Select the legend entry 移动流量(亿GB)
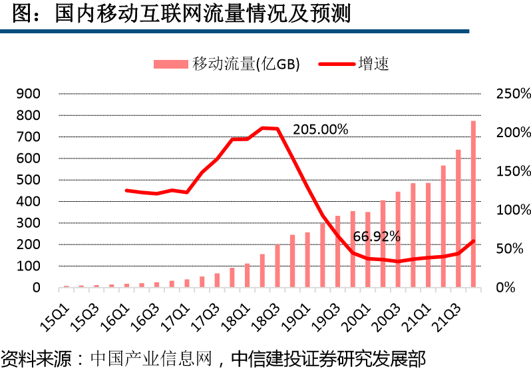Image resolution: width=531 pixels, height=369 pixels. [x=227, y=64]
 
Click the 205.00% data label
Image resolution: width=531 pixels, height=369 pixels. [x=320, y=129]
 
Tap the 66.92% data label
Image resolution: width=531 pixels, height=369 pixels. [x=376, y=236]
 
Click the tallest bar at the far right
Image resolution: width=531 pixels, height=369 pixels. [x=473, y=204]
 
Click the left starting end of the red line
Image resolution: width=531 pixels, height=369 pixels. [x=126, y=190]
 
